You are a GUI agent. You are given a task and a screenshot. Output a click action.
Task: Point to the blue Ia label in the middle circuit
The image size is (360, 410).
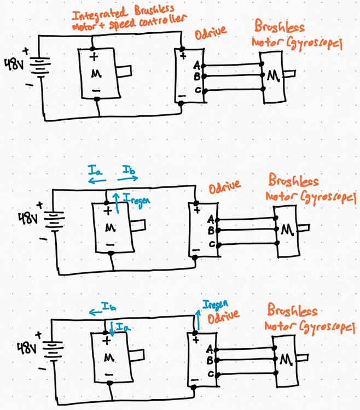pos(94,172)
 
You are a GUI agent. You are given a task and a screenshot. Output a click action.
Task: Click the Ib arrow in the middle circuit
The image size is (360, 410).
pos(127,178)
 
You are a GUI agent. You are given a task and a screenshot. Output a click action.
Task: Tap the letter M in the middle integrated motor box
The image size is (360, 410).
pos(109,228)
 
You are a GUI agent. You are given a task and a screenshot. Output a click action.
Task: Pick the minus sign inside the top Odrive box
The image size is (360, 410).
pos(182,96)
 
